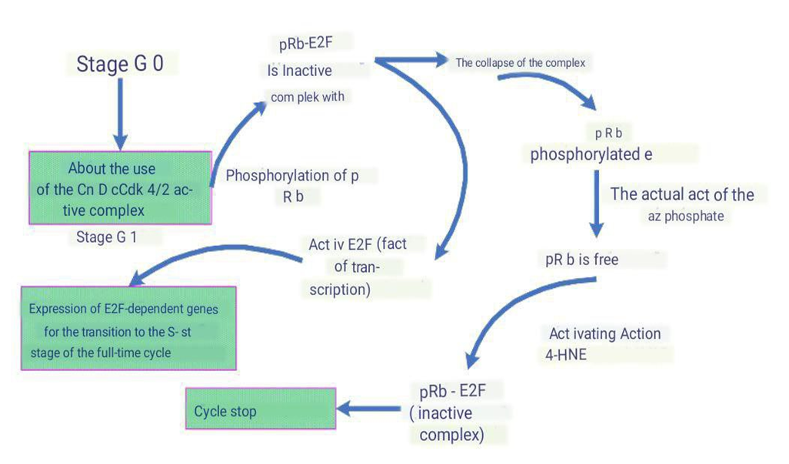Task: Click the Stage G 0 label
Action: pyautogui.click(x=120, y=63)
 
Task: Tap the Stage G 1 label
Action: pyautogui.click(x=107, y=237)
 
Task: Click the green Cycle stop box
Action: pyautogui.click(x=261, y=411)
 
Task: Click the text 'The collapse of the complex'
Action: pyautogui.click(x=520, y=63)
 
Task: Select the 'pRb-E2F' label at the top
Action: pyautogui.click(x=305, y=44)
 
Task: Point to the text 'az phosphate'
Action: pyautogui.click(x=685, y=217)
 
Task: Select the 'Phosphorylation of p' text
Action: pyautogui.click(x=292, y=175)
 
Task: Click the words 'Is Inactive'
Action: pyautogui.click(x=299, y=71)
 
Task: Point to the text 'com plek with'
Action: pyautogui.click(x=308, y=98)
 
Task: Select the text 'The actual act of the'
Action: pyautogui.click(x=682, y=194)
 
